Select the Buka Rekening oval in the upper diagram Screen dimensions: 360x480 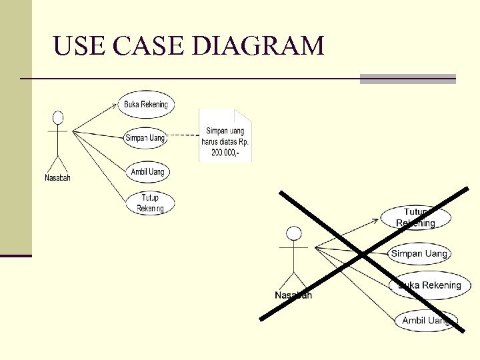[145, 104]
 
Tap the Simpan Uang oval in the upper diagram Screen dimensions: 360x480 [145, 138]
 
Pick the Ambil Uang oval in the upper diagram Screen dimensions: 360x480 [147, 172]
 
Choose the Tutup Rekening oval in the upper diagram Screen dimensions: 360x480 [150, 203]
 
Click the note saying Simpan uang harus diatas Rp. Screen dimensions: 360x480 [225, 141]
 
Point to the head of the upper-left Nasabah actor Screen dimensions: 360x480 [58, 118]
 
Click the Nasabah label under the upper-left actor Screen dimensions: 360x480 [57, 177]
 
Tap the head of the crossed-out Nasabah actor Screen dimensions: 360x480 [293, 233]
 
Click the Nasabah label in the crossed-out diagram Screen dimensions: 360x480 [293, 295]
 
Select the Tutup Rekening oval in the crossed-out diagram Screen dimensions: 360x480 [415, 217]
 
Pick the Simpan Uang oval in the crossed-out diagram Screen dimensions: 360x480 [419, 253]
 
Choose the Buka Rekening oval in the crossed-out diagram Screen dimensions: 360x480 [429, 285]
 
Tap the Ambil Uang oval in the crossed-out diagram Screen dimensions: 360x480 [426, 321]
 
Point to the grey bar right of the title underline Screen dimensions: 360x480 [407, 79]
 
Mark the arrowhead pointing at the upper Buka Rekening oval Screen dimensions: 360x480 [114, 103]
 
